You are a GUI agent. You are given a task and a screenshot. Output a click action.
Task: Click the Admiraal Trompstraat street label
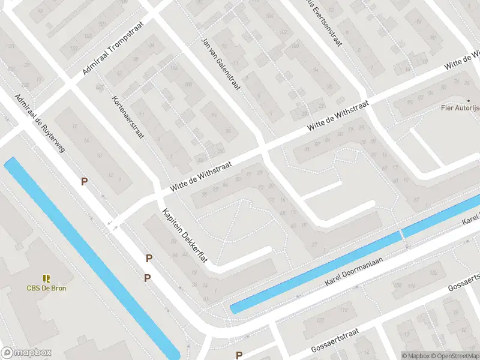(109, 58)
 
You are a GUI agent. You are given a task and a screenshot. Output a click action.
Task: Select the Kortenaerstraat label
(128, 117)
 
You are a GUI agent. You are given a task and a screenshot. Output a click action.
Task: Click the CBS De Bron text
(46, 288)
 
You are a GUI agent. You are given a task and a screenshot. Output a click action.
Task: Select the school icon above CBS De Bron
(46, 278)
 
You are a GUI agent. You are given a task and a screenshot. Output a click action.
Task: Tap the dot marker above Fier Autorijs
(469, 100)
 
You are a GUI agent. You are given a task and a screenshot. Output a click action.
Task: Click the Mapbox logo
(26, 353)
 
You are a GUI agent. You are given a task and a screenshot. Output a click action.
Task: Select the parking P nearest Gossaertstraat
(239, 355)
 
